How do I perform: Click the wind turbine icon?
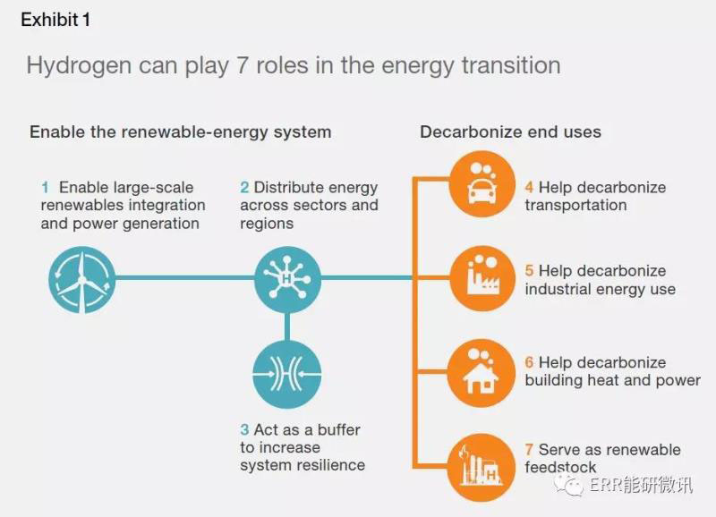pos(81,278)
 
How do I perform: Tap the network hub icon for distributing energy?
pos(286,278)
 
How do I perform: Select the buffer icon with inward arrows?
pos(286,373)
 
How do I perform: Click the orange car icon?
pos(482,185)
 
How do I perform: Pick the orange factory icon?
pos(482,278)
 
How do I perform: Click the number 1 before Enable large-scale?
pos(45,188)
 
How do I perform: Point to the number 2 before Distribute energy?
pos(244,188)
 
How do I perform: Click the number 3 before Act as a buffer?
pos(244,430)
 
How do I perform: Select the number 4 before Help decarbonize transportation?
pos(529,188)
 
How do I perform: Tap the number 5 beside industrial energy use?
pos(529,271)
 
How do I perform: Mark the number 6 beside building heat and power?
pos(529,363)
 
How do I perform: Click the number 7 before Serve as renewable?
pos(529,450)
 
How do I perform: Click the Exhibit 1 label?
pos(55,20)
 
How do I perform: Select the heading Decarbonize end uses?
pos(510,132)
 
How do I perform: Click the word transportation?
pos(575,206)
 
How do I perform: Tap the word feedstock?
pos(560,468)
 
